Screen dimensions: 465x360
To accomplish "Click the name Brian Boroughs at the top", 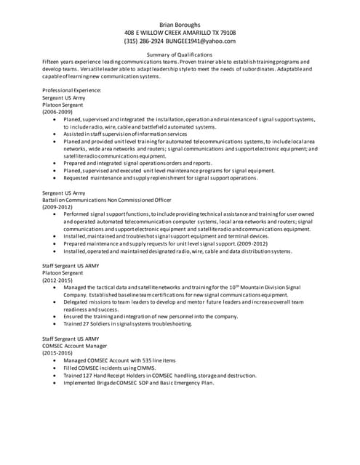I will click(x=180, y=24).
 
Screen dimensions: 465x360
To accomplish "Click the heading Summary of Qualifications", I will click(x=180, y=54).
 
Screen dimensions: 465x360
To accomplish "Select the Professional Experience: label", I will click(x=72, y=90).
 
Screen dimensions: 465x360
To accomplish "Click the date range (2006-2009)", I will click(x=57, y=112).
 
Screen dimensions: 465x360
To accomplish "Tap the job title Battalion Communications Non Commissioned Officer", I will click(x=107, y=200).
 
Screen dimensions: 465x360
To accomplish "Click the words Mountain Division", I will click(x=259, y=288).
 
